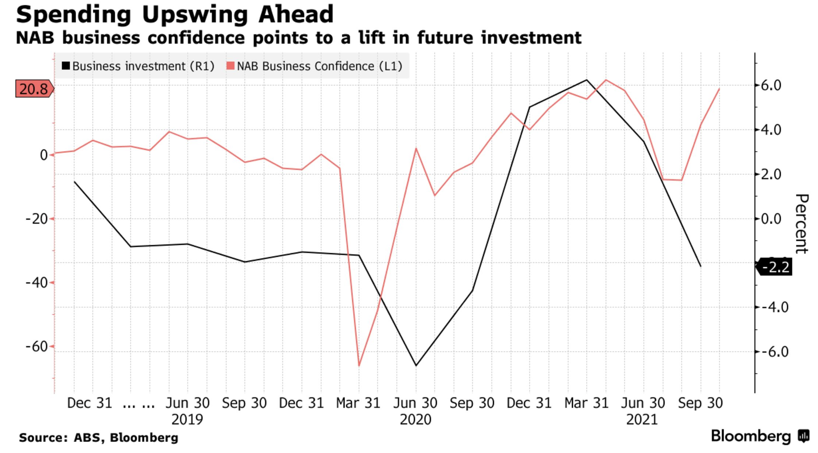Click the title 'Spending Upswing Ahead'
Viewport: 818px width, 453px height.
(x=174, y=15)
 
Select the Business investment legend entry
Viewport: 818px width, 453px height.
(x=138, y=66)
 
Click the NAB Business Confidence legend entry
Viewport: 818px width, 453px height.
(x=315, y=66)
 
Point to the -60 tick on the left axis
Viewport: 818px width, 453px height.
(x=37, y=346)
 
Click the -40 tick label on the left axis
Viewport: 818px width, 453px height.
(x=37, y=283)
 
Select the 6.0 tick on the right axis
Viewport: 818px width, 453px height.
(x=771, y=85)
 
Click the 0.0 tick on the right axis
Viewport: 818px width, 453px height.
(x=771, y=219)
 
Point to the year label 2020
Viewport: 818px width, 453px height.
(x=415, y=420)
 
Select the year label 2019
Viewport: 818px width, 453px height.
(x=187, y=420)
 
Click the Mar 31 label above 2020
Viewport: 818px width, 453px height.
(x=358, y=403)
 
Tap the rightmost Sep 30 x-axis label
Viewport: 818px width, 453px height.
(x=700, y=403)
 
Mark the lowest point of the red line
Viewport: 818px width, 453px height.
(x=359, y=365)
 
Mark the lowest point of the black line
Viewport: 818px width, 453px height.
(x=416, y=365)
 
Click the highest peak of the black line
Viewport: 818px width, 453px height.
(x=586, y=80)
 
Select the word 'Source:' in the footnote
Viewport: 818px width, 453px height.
(x=43, y=438)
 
